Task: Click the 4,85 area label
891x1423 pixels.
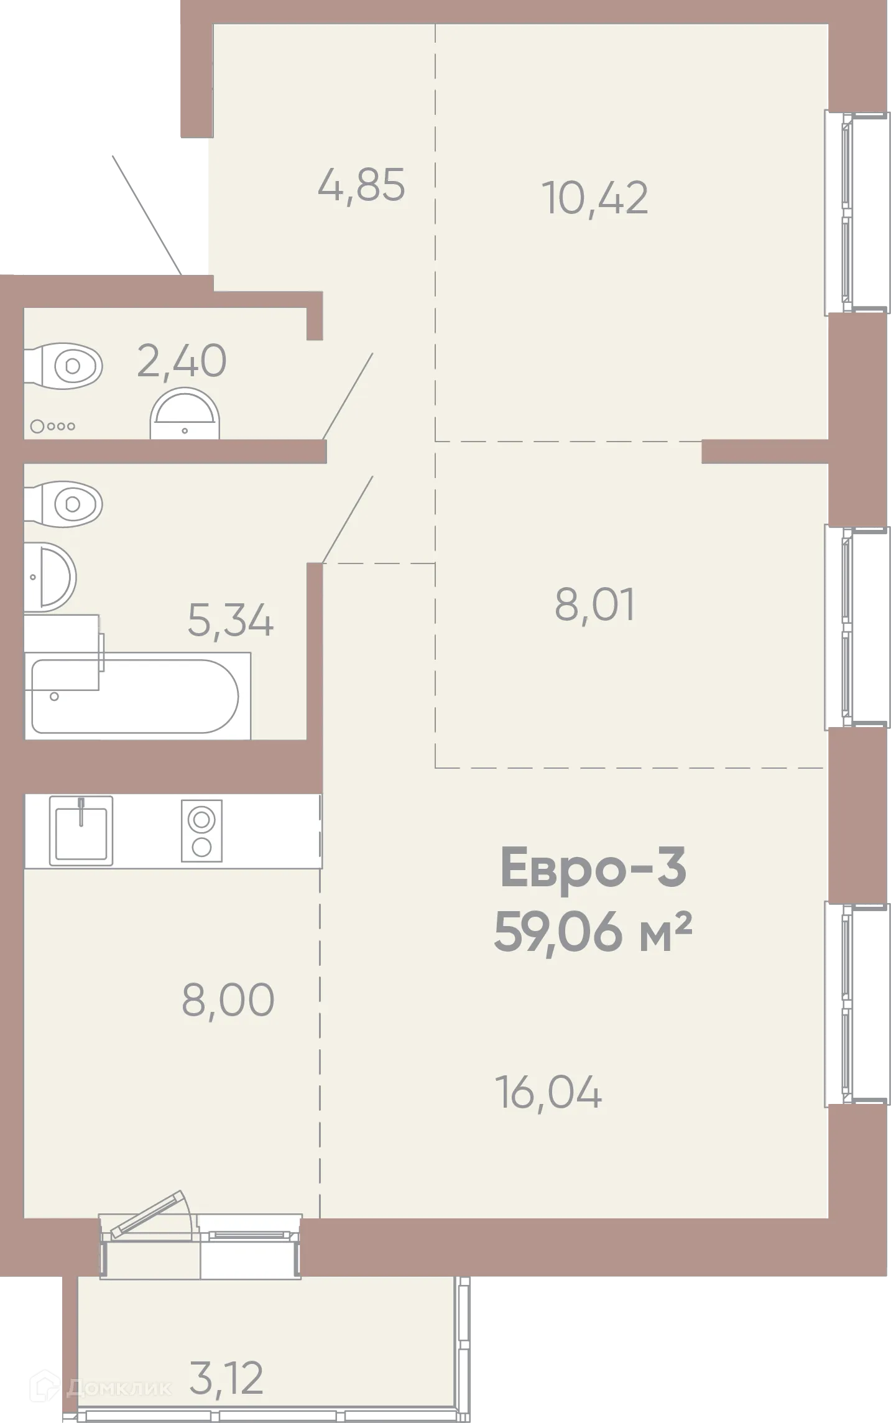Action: coord(361,185)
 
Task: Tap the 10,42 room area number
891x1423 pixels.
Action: coord(596,198)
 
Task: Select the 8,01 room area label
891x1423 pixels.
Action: coord(595,605)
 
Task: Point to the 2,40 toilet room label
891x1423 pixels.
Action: coord(182,361)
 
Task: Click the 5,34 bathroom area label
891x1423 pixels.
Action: coord(231,620)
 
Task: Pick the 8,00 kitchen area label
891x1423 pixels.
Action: coord(228,999)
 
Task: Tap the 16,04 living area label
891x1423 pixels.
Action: coord(549,1092)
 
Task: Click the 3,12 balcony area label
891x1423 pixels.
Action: coord(226,1378)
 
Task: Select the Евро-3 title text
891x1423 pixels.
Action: coord(593,868)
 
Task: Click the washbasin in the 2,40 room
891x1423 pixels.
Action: coord(185,414)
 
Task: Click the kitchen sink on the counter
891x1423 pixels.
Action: coord(81,831)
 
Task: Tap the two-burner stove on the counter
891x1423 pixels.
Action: coord(201,831)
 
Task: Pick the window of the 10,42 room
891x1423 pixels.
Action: coord(856,212)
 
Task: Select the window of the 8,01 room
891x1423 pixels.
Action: coord(856,628)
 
